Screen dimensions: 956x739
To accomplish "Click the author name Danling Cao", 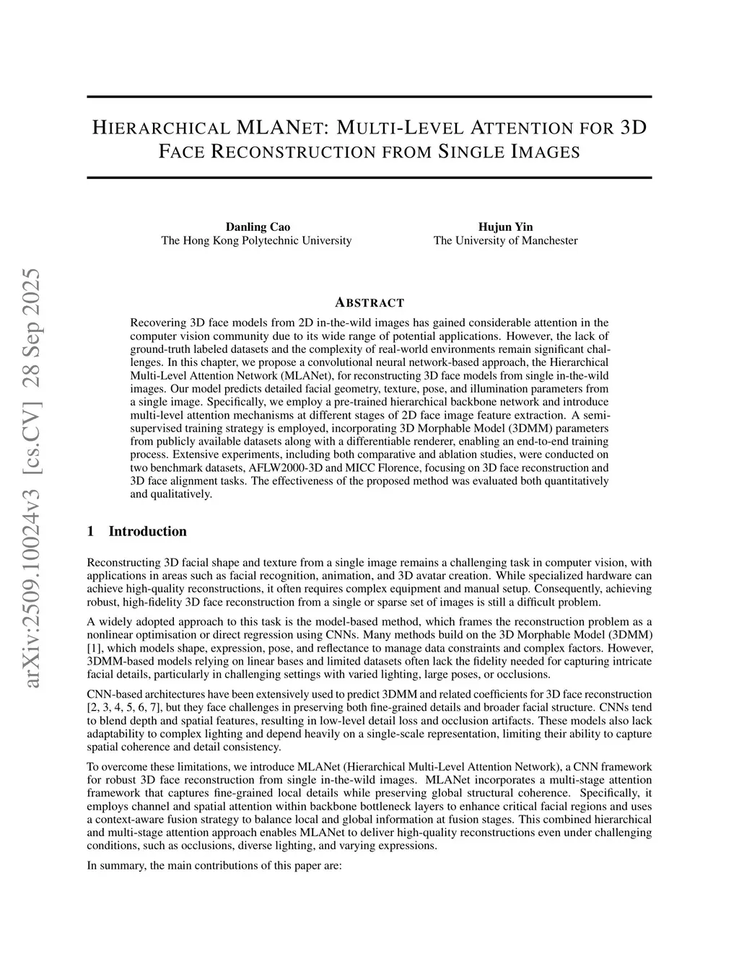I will [x=258, y=227].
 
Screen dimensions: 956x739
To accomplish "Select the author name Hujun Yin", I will [x=505, y=227].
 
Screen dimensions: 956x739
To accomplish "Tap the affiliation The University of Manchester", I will [x=505, y=240].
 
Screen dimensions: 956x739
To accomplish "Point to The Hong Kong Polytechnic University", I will [x=256, y=240].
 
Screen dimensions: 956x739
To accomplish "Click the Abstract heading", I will [x=369, y=302].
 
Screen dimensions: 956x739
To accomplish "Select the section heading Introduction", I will [x=147, y=532].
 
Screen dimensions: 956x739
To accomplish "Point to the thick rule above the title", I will [x=369, y=97].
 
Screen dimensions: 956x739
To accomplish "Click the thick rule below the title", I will [x=369, y=177].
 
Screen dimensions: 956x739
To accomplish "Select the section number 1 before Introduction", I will [x=90, y=532].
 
